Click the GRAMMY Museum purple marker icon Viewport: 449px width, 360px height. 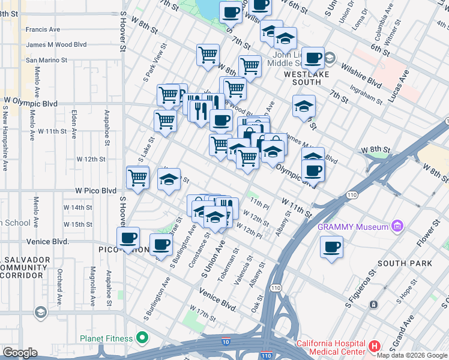coord(397,226)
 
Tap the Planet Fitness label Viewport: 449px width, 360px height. coord(107,339)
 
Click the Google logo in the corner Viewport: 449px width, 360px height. coord(20,353)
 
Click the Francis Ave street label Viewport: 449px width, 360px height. coord(43,29)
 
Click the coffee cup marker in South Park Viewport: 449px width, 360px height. coord(331,247)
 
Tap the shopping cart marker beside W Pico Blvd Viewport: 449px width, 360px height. coord(138,178)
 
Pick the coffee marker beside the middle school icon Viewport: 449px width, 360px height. coord(312,58)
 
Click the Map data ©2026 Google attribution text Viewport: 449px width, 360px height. coord(412,355)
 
